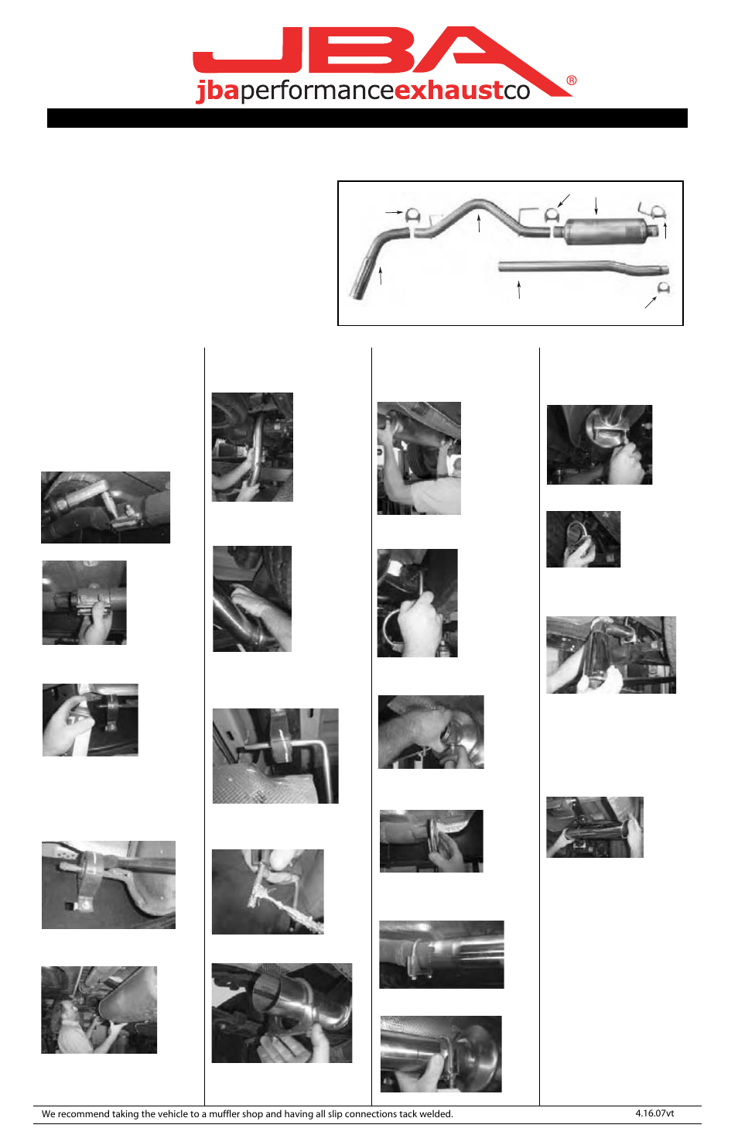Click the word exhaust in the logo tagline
[x=449, y=91]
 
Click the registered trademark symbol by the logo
[x=572, y=81]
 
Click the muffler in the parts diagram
[x=605, y=231]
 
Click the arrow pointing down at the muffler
[x=596, y=205]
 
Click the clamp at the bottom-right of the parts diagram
[x=663, y=289]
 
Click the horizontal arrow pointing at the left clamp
[x=395, y=211]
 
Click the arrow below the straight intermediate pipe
[x=519, y=290]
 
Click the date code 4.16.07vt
[x=654, y=1113]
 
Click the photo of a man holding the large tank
[x=99, y=1010]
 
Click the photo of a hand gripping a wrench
[x=417, y=603]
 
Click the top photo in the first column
[x=105, y=507]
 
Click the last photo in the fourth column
[x=594, y=827]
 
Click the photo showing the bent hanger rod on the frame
[x=275, y=756]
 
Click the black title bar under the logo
[x=367, y=118]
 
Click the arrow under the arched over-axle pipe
[x=480, y=224]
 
